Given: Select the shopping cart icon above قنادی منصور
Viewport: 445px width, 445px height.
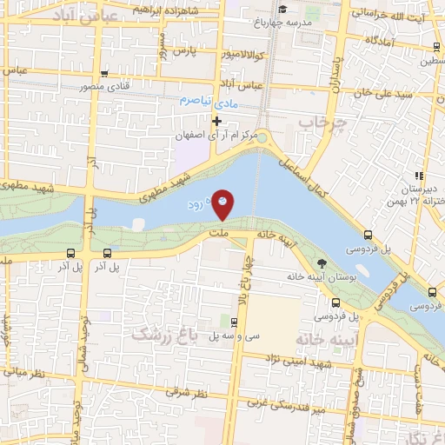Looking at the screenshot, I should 104,74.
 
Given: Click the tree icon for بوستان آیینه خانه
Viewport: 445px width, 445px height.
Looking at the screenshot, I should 322,263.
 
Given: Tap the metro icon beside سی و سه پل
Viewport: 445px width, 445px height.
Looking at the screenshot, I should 237,322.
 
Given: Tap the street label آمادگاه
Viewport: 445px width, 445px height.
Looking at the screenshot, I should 382,41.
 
